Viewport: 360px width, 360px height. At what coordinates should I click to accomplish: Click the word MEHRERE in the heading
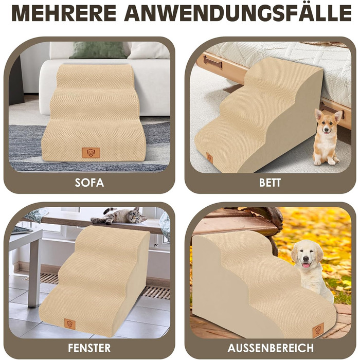64,13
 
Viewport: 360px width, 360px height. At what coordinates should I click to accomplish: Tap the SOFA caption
89,183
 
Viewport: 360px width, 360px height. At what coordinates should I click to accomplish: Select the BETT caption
270,183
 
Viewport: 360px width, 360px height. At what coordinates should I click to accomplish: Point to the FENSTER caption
89,348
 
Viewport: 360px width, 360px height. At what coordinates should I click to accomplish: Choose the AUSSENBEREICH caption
271,348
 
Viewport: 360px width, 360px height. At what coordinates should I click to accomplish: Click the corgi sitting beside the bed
327,137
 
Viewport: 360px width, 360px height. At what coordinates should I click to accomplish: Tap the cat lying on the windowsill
119,216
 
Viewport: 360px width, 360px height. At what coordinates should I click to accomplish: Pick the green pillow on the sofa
99,50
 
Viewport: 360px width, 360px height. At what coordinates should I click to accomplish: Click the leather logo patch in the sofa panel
91,153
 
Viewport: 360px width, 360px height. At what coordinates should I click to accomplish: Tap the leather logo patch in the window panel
70,324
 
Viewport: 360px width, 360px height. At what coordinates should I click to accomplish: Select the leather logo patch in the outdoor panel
318,330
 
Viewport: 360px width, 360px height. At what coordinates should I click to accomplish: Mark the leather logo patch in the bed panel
209,158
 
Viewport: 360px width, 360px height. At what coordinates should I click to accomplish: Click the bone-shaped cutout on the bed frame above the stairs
212,61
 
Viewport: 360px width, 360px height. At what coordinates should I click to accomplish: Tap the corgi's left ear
318,115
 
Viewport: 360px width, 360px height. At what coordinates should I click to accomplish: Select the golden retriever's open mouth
305,265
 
